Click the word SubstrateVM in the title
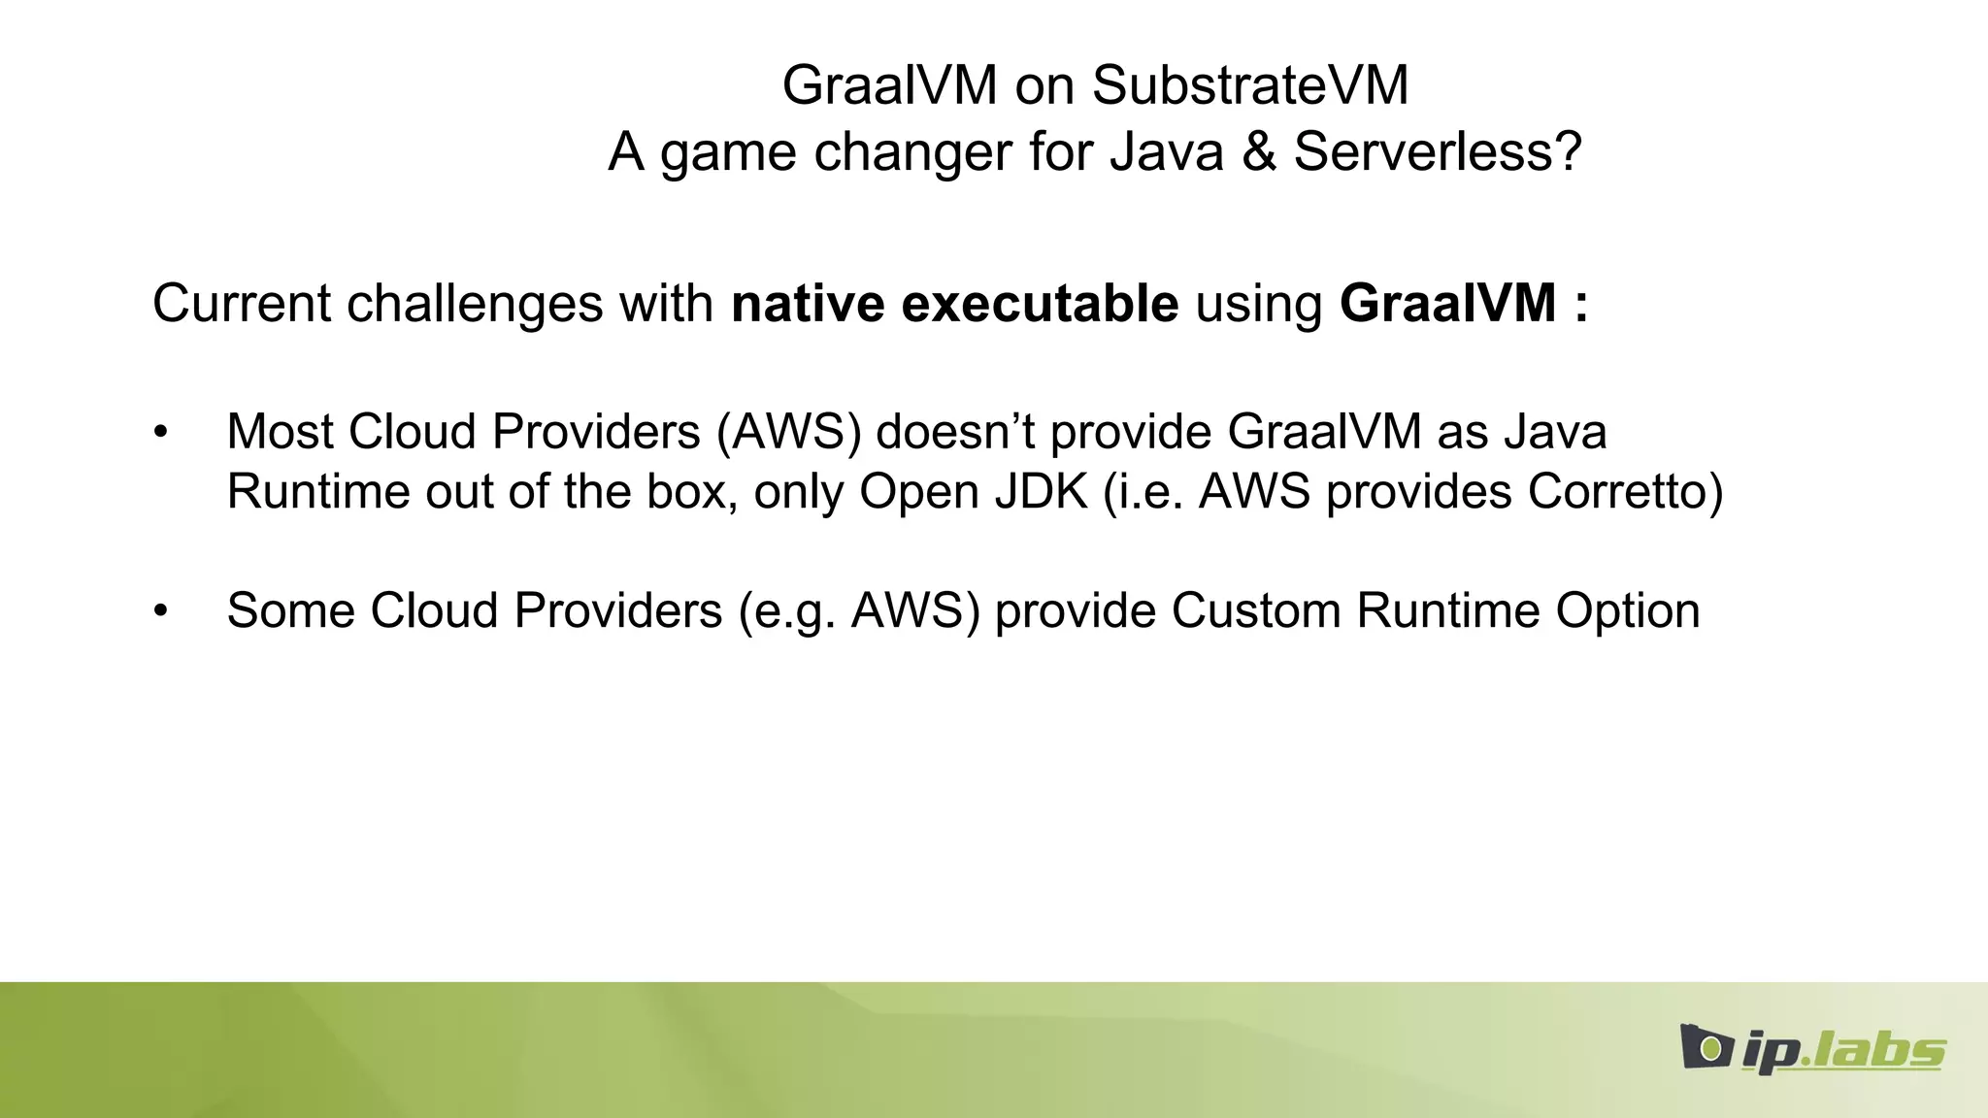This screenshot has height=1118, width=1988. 1249,85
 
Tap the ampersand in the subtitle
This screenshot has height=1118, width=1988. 1258,152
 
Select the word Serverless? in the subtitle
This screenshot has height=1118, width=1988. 1437,152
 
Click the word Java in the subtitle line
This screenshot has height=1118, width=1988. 1166,152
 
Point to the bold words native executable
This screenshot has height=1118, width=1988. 954,304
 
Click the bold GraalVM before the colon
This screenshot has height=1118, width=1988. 1447,304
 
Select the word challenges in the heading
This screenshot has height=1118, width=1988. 475,304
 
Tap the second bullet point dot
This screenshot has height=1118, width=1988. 161,611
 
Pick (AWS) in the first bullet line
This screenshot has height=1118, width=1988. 788,432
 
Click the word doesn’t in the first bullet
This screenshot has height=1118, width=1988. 956,432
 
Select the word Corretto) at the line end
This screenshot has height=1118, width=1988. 1625,492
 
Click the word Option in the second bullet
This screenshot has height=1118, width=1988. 1628,611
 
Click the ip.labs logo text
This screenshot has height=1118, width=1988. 1842,1050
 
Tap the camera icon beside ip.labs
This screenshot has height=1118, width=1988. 1707,1046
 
